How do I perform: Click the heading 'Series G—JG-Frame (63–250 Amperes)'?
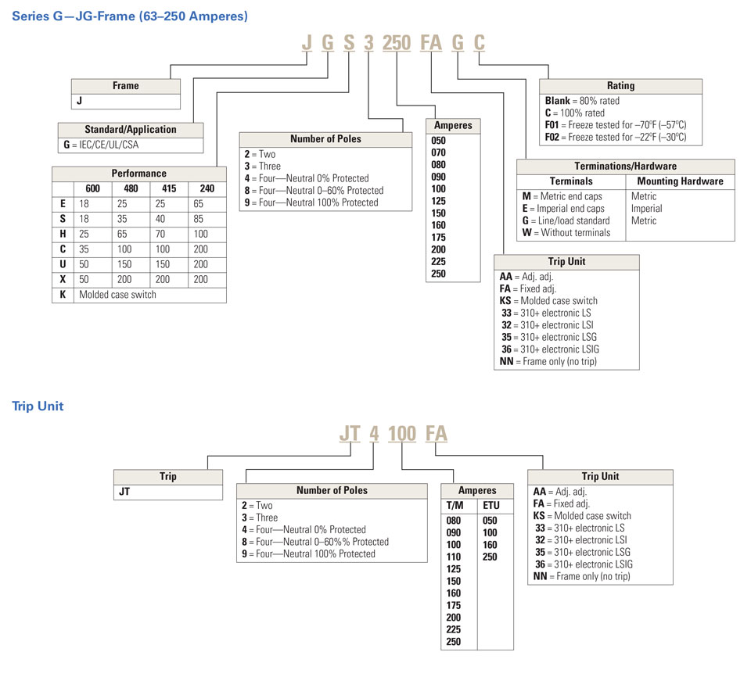pos(129,16)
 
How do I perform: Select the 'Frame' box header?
pos(126,86)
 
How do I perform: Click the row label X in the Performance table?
pos(63,280)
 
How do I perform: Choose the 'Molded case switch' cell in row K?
pos(117,295)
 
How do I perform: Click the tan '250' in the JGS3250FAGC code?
pos(397,43)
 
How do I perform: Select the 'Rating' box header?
pos(620,86)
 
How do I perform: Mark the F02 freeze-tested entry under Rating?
pos(615,137)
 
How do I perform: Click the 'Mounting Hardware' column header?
pos(680,181)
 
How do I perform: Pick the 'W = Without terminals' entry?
pos(566,232)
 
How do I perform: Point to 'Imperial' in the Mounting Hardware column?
pos(646,209)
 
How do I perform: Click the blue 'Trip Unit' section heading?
pos(38,406)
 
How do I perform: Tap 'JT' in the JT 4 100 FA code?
pos(350,434)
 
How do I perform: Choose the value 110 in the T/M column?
pos(454,556)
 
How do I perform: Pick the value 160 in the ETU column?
pos(490,545)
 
